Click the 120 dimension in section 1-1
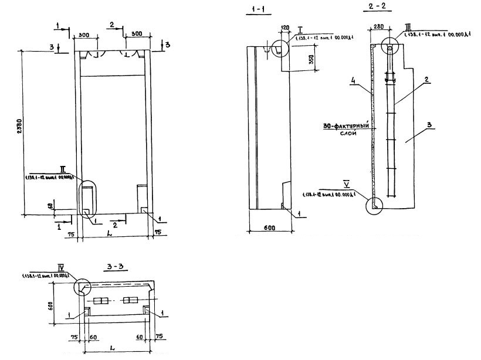(x=286, y=28)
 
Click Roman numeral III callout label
(x=407, y=28)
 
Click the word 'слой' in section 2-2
(x=348, y=134)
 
